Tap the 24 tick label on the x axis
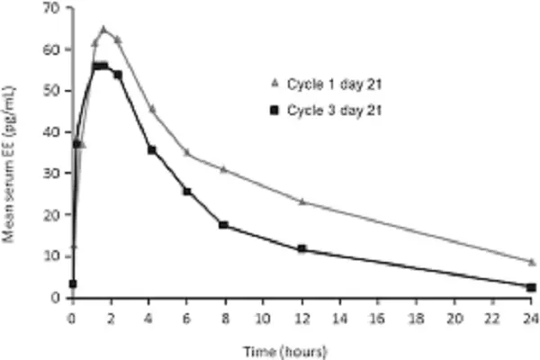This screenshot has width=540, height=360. (531, 317)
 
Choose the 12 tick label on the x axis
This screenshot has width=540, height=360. (302, 317)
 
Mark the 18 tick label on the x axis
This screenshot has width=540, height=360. (417, 317)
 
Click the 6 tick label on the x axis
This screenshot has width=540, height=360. (187, 317)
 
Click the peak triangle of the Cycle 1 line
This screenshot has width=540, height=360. (103, 29)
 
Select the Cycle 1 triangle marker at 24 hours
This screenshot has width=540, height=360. (531, 262)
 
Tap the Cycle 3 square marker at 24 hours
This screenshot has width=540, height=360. (531, 287)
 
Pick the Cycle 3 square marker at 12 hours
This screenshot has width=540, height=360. (302, 249)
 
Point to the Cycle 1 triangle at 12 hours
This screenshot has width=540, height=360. (302, 202)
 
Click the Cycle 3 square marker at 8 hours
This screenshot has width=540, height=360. (223, 225)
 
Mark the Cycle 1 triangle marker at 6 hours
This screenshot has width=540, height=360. (187, 153)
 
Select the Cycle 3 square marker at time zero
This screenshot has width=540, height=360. (73, 283)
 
